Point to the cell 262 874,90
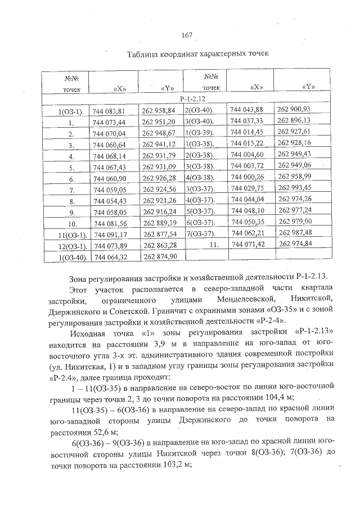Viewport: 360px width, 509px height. pos(160,256)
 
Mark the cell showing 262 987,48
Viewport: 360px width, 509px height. pos(295,232)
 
